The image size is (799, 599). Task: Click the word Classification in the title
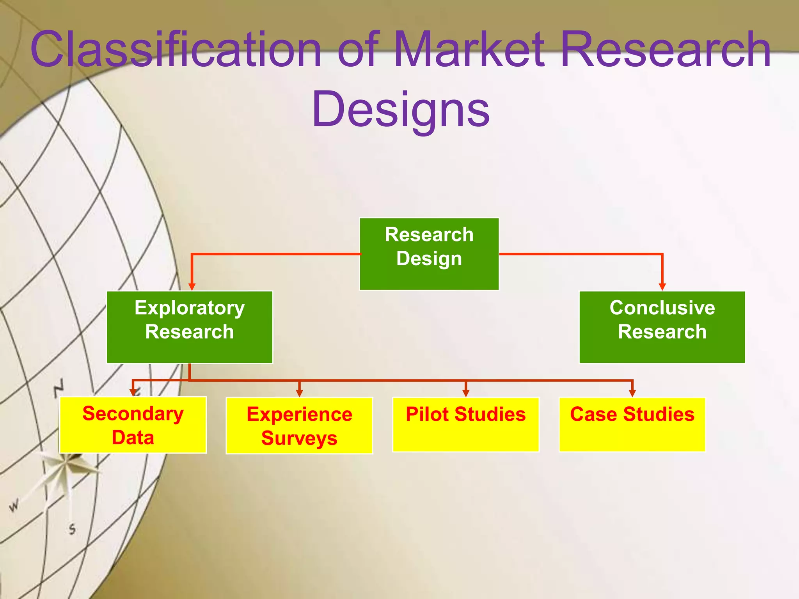coord(176,50)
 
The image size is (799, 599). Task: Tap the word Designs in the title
coord(401,109)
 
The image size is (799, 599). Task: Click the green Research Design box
coord(429,253)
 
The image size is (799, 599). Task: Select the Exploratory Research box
coord(190,327)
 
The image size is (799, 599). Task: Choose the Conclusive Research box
coord(662,327)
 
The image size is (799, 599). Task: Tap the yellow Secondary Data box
coord(133,425)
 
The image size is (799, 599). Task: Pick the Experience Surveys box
coord(299,425)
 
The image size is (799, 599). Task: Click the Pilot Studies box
coord(465,425)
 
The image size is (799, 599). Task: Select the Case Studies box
coord(632,425)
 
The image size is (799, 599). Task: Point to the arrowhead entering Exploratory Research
coord(192,287)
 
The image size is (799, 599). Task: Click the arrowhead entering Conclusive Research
coord(662,287)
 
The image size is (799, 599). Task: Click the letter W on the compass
coord(14,506)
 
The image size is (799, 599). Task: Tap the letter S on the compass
coord(72,529)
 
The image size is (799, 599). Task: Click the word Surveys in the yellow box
coord(299,438)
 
